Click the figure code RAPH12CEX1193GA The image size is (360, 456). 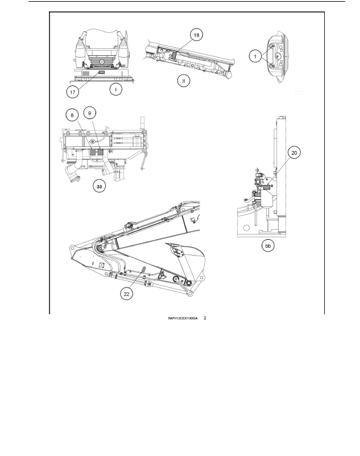pos(183,318)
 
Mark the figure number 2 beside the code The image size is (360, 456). pos(205,318)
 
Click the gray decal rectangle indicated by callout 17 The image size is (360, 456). pos(102,72)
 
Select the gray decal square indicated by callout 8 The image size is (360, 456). pos(94,152)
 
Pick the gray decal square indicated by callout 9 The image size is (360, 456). pos(101,152)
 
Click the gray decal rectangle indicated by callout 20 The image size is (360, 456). pos(267,187)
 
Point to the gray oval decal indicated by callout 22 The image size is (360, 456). pos(143,269)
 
